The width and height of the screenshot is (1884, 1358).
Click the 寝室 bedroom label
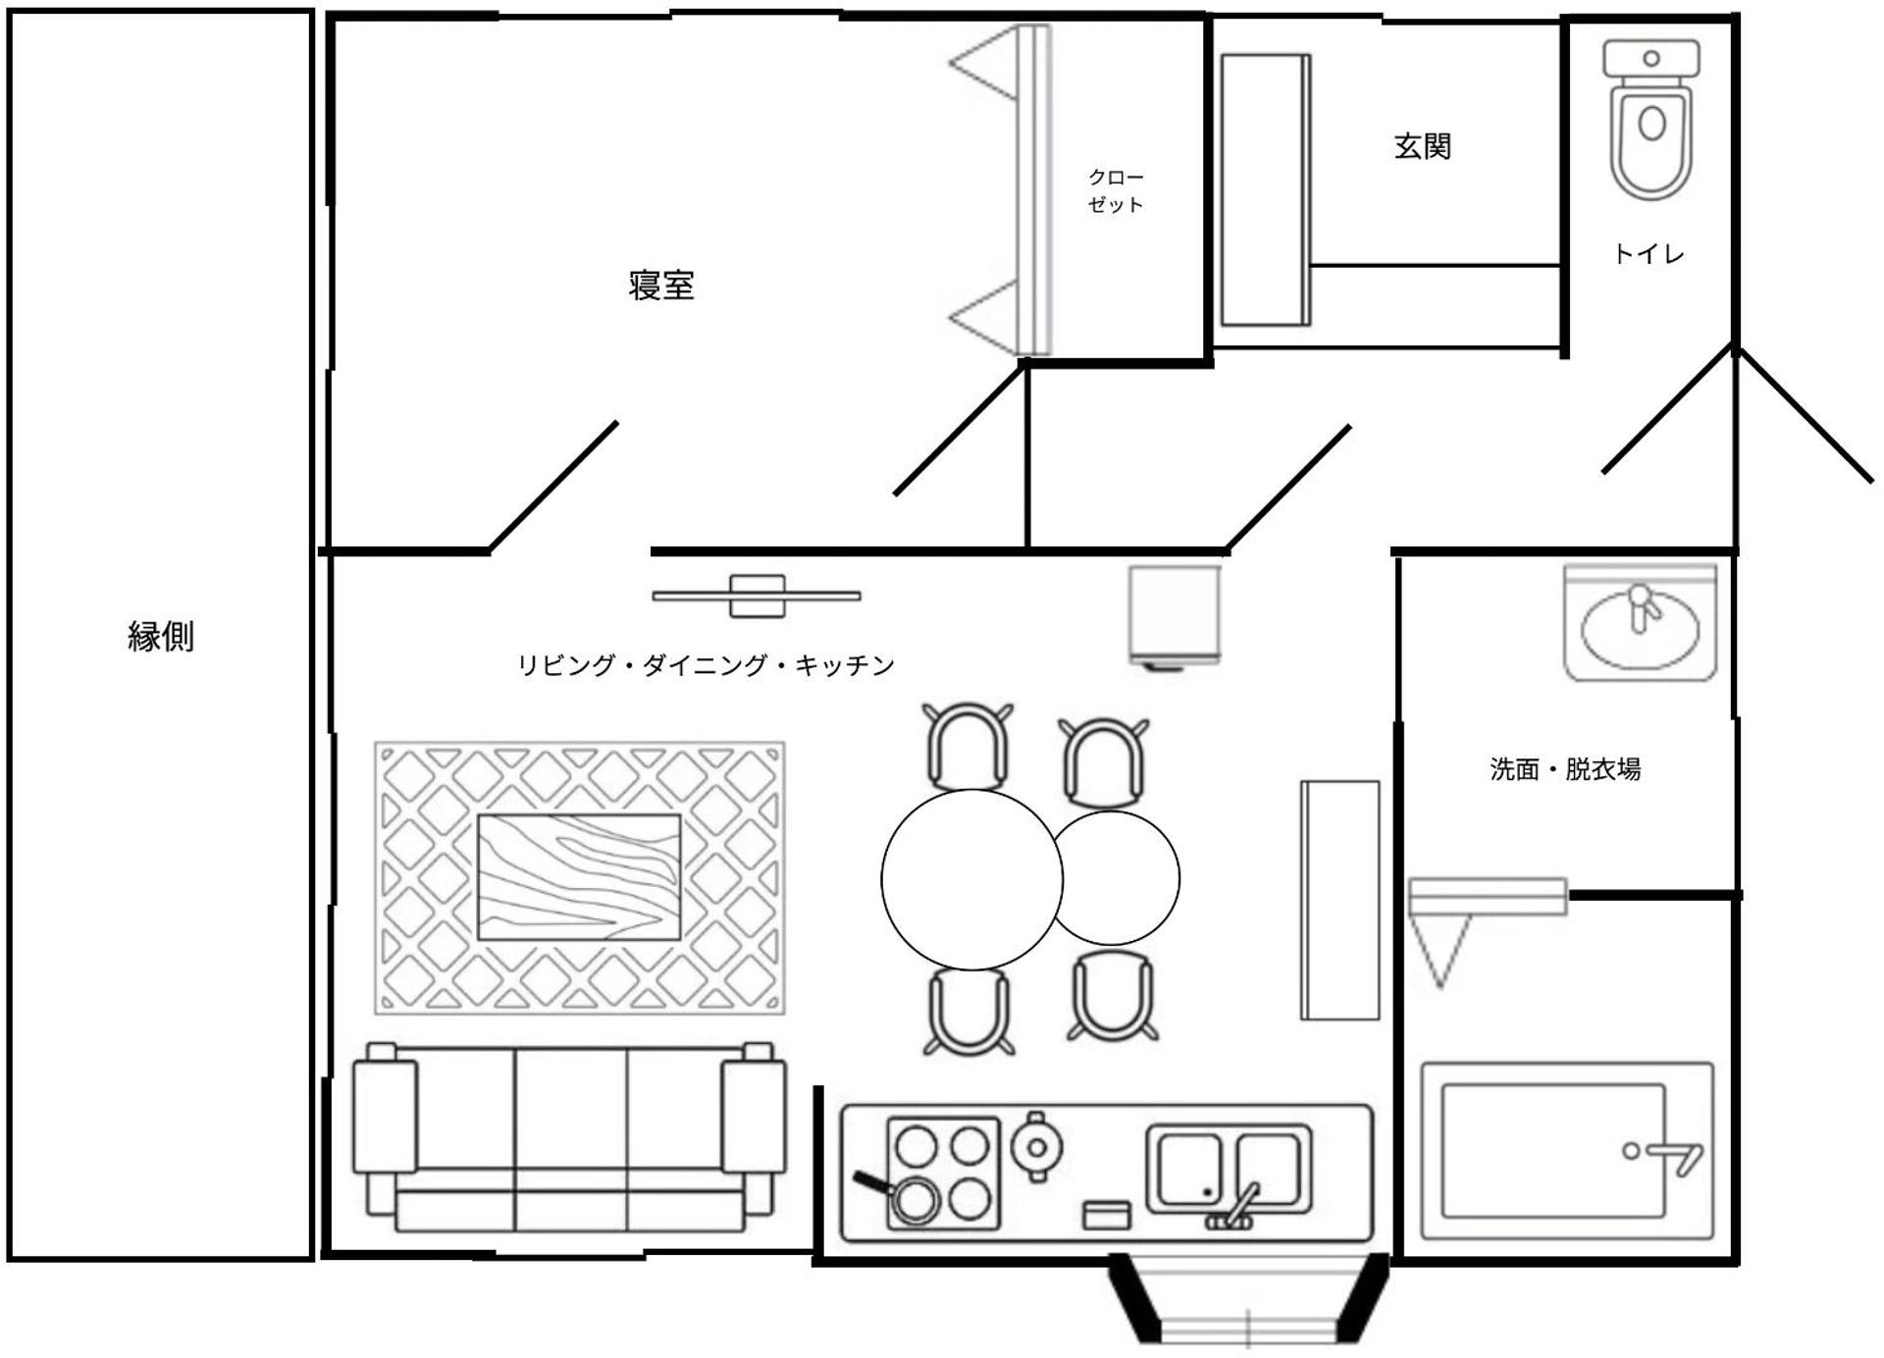tap(661, 286)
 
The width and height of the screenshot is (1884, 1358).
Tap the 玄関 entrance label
tap(1422, 147)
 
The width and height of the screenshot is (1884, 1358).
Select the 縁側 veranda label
tap(161, 637)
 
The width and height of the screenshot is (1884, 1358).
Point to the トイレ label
tap(1648, 254)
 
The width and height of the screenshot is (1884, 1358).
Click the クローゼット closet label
tap(1116, 191)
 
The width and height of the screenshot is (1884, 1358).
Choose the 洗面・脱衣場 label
tap(1565, 769)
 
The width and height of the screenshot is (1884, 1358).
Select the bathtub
tap(1567, 1150)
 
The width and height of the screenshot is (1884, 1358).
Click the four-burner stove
tap(943, 1173)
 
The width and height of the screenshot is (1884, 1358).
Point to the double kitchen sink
tap(1229, 1171)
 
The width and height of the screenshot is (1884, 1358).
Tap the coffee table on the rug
tap(579, 876)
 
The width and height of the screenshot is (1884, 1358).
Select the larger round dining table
tap(970, 879)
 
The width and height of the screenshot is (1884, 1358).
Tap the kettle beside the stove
tap(1036, 1145)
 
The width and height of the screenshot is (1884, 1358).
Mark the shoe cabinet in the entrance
tap(1266, 190)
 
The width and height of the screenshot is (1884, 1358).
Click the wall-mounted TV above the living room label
tap(757, 596)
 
